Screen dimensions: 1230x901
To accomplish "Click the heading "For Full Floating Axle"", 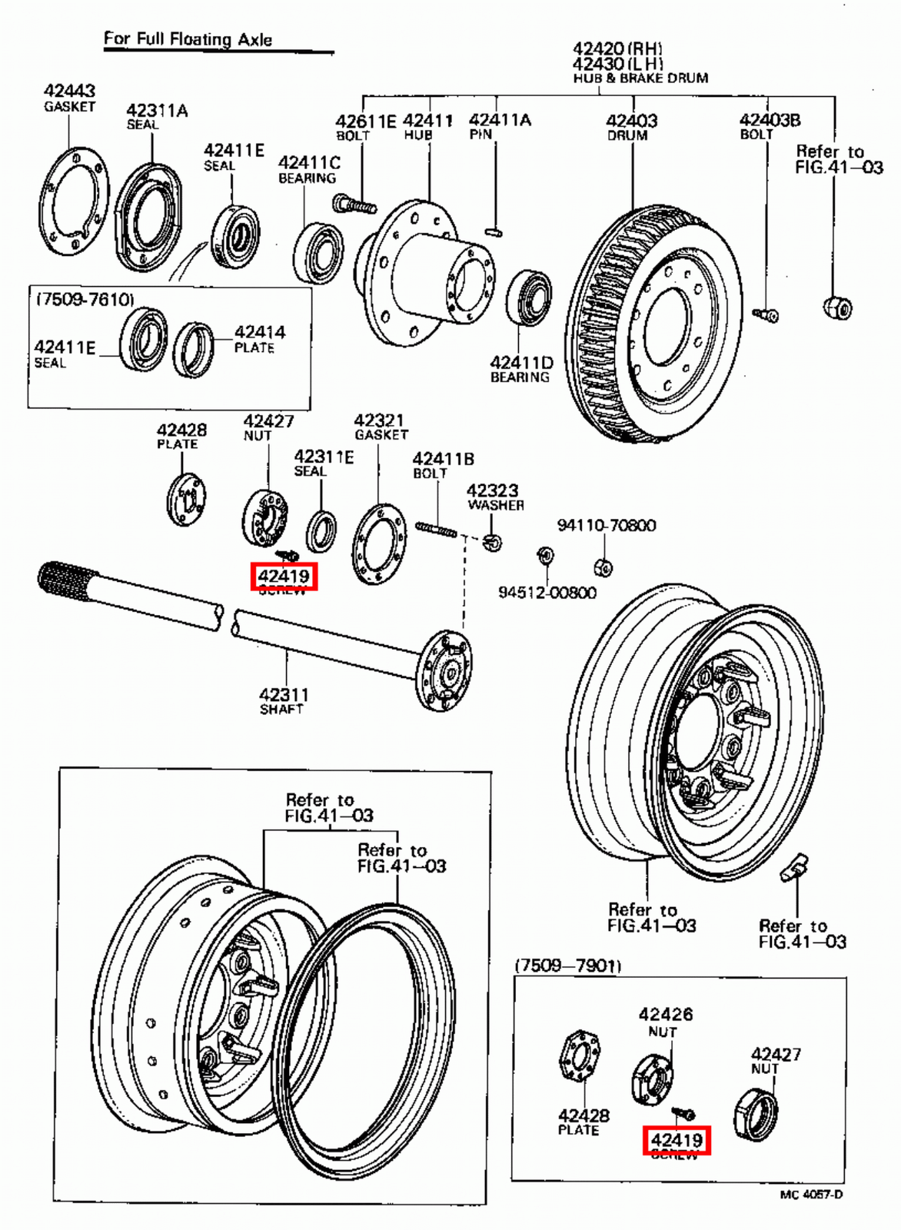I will [x=188, y=39].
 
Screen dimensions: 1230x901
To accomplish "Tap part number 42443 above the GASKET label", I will [x=69, y=91].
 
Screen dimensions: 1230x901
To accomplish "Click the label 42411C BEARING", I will [x=308, y=169].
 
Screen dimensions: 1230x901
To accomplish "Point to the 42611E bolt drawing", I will [x=354, y=205].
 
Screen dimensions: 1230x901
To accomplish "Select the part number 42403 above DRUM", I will [x=631, y=121].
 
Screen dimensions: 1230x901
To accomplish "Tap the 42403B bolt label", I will [x=769, y=126].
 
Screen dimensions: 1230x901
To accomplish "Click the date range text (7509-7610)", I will [x=85, y=298].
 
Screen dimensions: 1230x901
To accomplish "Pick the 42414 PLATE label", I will [x=259, y=338].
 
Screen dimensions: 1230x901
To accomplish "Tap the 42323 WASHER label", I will [x=494, y=497].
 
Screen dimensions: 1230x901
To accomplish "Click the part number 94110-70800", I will [x=606, y=526].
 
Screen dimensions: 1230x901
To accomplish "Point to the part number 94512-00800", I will [x=547, y=593].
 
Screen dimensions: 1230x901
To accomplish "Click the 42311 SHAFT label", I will [x=283, y=700].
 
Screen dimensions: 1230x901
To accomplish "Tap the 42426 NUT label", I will [x=665, y=1022].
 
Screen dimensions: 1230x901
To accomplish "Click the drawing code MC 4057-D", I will [x=810, y=1194].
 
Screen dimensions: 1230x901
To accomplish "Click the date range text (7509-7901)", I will [x=567, y=966].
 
